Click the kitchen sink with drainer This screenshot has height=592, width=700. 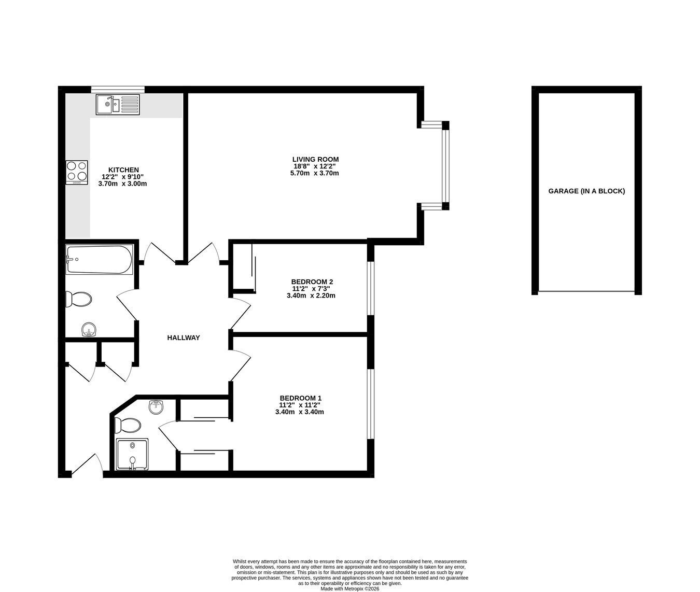[118, 104]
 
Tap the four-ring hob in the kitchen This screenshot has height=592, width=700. [77, 173]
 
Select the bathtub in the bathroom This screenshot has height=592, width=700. [100, 259]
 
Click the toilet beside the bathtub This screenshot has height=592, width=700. [79, 300]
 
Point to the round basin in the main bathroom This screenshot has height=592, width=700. [89, 330]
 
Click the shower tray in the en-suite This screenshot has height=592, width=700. [132, 454]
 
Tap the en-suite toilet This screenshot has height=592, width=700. [128, 426]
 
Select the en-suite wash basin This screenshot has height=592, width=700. [157, 407]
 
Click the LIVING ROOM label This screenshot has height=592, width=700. [315, 159]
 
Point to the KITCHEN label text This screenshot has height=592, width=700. [123, 170]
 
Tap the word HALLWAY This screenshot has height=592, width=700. [184, 337]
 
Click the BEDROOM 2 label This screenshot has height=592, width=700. [312, 282]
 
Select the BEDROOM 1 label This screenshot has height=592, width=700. [301, 398]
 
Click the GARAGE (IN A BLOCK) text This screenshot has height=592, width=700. [586, 191]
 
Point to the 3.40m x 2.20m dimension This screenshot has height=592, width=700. [311, 295]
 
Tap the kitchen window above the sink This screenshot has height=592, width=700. [118, 89]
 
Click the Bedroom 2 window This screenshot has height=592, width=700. [371, 289]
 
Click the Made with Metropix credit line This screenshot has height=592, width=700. [350, 589]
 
